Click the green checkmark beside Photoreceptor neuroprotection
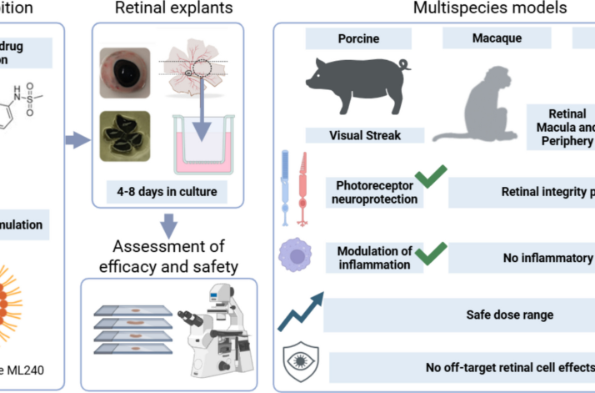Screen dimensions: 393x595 (431, 176)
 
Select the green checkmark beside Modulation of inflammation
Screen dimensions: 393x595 (431, 253)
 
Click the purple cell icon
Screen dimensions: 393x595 (296, 254)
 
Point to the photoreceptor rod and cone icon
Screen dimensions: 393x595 (294, 189)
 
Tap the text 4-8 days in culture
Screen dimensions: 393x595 (167, 191)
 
